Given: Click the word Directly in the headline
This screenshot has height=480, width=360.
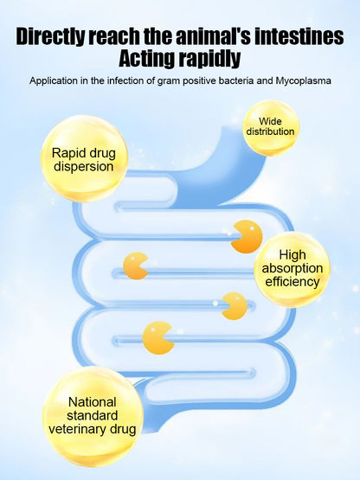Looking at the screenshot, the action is pos(50,36).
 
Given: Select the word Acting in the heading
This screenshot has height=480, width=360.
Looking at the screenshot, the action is pos(147,59).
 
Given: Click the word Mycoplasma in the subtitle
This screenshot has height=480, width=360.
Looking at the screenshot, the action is pos(304,81).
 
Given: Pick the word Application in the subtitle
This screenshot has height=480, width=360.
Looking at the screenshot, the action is pos(54,80).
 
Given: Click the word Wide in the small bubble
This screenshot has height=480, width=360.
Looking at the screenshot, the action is pos(270,121).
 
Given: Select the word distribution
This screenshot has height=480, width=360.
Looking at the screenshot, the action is pos(270,131).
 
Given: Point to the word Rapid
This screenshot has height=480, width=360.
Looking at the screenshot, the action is pos(67,153).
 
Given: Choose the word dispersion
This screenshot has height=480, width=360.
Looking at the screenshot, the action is pos(84,167).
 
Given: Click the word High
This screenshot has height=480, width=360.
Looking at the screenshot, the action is pos(292,255).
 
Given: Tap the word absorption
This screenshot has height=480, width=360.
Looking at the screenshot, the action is pos(292,269).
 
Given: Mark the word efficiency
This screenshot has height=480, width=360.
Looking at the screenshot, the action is pos(292,282).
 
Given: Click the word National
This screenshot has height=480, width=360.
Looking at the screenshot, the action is pos(93,402).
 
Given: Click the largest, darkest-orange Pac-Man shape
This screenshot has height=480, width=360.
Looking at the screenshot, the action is pos(247,237).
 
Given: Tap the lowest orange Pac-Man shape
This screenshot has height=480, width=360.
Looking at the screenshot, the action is pos(158,338).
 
